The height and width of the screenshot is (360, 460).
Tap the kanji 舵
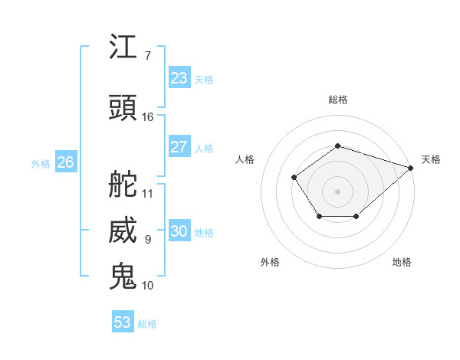123,184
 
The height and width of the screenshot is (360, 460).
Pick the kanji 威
123,231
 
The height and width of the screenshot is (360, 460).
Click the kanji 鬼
123,276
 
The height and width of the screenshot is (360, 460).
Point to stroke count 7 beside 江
147,55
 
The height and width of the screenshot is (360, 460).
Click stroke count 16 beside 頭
148,116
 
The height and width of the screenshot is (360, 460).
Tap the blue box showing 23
179,78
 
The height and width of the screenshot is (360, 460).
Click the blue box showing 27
179,147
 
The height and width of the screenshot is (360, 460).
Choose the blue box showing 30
179,231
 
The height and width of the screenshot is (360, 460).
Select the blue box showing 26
65,162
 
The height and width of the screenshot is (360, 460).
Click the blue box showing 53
122,322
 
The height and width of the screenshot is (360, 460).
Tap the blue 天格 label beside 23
204,80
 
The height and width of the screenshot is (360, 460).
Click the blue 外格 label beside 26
41,163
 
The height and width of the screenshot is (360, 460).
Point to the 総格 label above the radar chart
337,100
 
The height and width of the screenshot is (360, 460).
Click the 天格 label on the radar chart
431,159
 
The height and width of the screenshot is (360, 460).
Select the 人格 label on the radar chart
245,159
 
